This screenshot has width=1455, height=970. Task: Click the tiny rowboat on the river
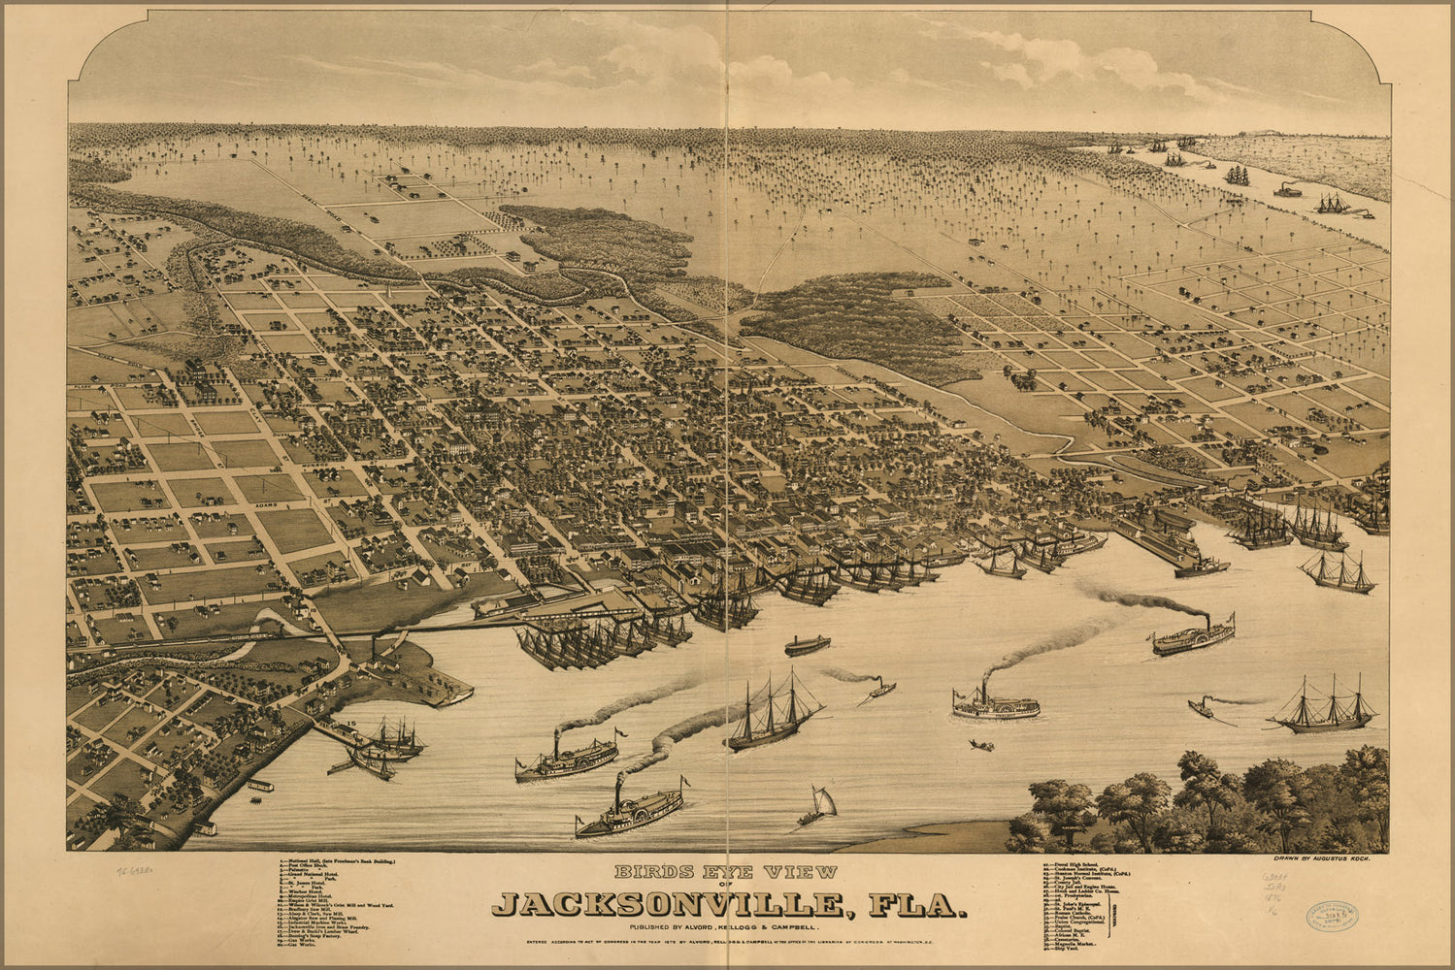pos(981,745)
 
